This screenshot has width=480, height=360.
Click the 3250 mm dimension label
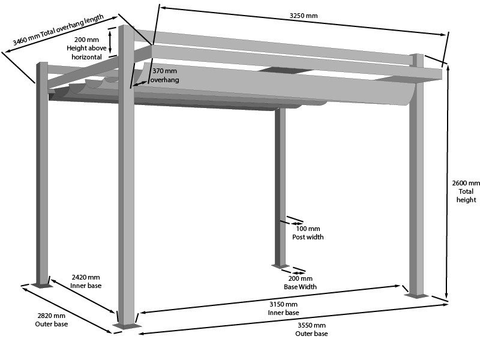click(x=304, y=15)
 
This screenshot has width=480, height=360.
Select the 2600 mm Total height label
click(x=466, y=191)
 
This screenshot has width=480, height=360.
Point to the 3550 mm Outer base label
click(x=311, y=329)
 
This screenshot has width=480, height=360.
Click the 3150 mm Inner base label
click(x=283, y=308)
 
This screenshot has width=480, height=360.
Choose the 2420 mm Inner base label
click(x=86, y=281)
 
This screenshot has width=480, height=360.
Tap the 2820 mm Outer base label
click(x=51, y=320)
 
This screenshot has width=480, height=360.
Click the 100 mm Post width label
click(x=308, y=233)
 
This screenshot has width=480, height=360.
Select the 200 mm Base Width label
click(x=300, y=283)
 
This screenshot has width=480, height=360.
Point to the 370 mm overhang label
click(x=164, y=75)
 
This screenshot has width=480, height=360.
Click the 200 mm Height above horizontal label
click(x=86, y=48)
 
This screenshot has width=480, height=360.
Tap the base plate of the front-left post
click(x=127, y=326)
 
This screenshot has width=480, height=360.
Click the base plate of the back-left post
click(x=42, y=285)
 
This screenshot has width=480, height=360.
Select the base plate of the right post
click(x=416, y=295)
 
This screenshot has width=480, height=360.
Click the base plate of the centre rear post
click(x=280, y=266)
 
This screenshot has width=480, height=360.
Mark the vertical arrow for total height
click(x=447, y=180)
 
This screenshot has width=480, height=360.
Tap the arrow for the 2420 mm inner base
click(x=82, y=296)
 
